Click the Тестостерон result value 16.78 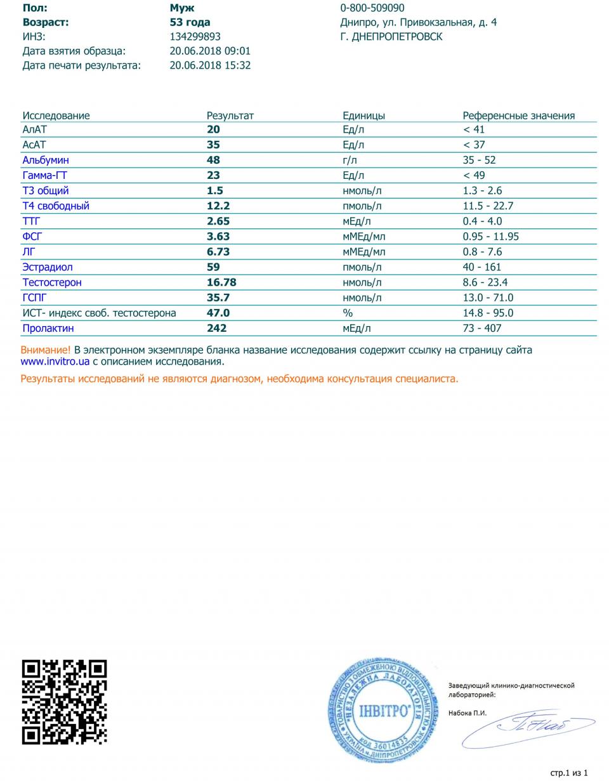(221, 282)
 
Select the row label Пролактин (48, 328)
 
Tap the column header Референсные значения (518, 115)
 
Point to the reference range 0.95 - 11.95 (491, 237)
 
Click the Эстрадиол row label (48, 267)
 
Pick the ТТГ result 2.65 (218, 221)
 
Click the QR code (65, 702)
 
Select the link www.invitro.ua (55, 362)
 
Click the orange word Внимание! (46, 350)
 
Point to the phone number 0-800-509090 (372, 8)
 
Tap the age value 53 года (190, 22)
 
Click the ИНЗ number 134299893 (195, 37)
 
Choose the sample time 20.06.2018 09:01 (210, 51)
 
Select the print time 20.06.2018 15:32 (210, 65)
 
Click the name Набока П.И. (468, 712)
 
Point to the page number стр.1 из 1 (569, 773)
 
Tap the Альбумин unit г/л (350, 160)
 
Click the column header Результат (230, 115)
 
